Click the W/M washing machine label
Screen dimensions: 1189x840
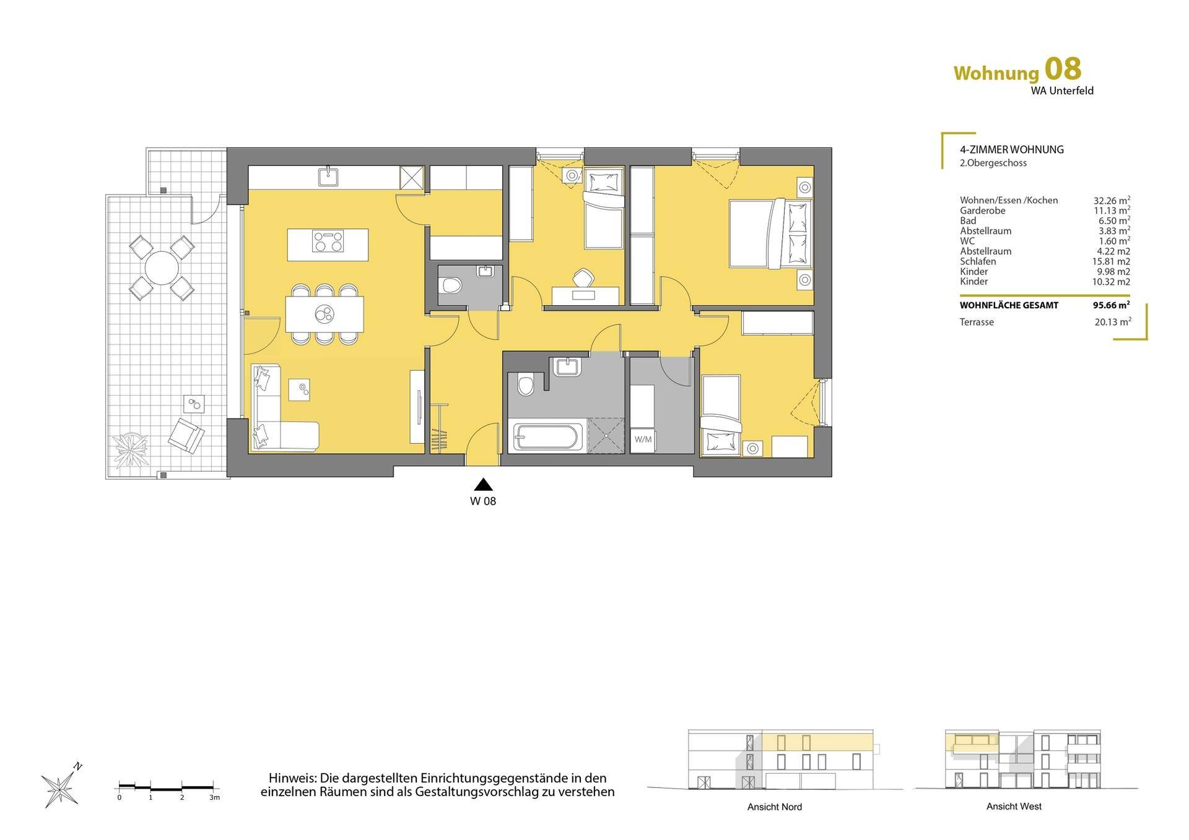[643, 439]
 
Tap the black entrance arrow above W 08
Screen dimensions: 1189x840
[483, 485]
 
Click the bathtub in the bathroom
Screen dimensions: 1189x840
[546, 436]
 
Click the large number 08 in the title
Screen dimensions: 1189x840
[1063, 69]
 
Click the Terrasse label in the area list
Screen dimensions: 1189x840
[977, 322]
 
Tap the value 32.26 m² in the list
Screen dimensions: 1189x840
[1112, 200]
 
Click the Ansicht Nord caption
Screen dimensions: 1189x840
[775, 807]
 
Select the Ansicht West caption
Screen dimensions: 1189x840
[1014, 806]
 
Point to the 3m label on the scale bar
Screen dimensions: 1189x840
[214, 797]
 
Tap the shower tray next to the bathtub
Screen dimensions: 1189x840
[605, 436]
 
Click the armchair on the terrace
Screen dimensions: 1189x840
[186, 436]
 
